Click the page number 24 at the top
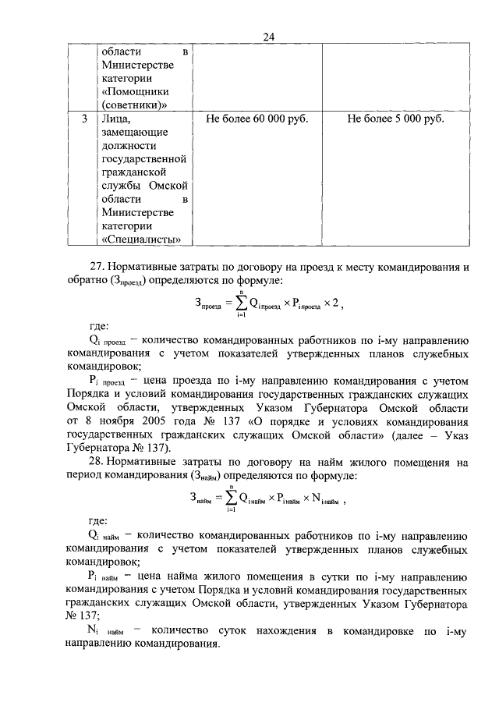point(269,36)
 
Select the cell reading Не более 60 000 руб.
point(257,119)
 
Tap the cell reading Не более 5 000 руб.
point(395,119)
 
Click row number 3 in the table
point(83,119)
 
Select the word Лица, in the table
point(118,119)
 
